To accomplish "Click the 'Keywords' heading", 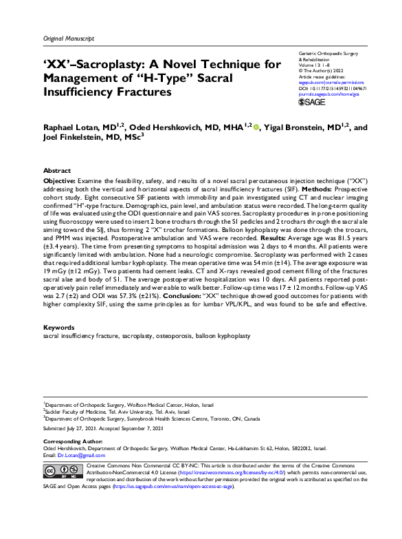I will click(59, 327).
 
